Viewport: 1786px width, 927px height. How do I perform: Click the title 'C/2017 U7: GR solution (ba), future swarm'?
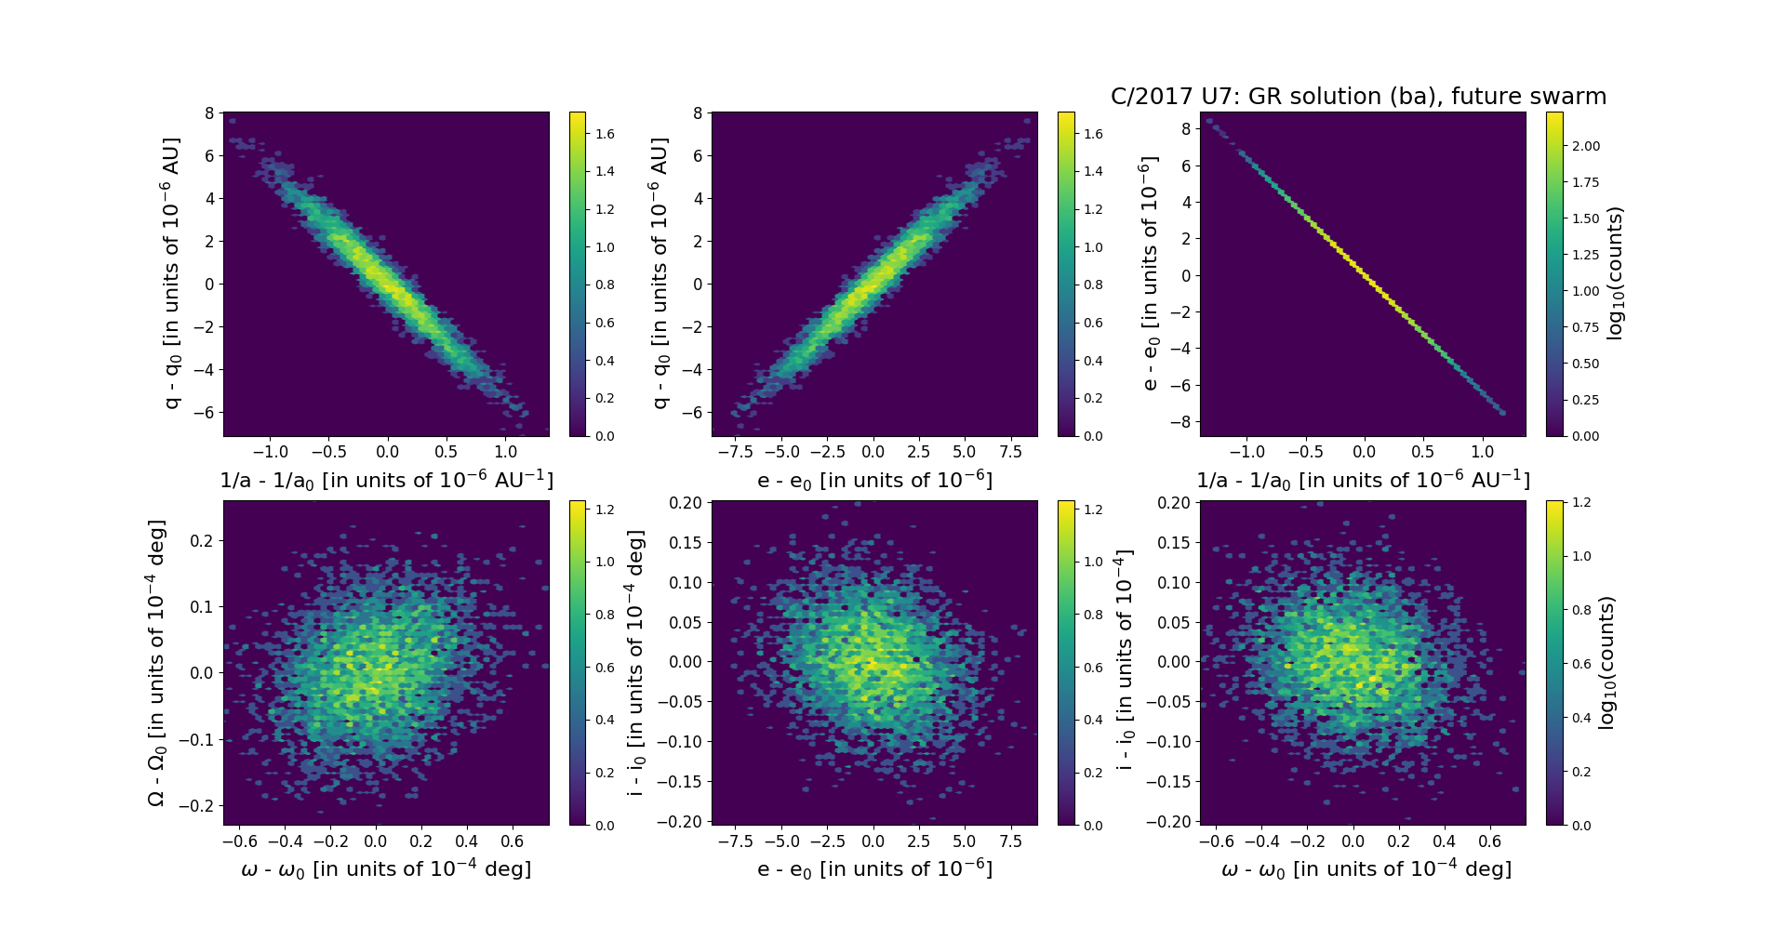(1358, 97)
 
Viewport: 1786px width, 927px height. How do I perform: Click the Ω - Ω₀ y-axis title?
(157, 663)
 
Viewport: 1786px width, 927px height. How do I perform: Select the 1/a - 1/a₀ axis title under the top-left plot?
(386, 481)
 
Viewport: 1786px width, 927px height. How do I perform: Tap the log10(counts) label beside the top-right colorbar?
(1615, 273)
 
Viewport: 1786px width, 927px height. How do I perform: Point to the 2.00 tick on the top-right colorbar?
(1586, 146)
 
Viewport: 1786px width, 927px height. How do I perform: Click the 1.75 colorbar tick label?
(1586, 182)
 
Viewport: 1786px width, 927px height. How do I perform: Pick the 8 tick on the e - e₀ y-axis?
(1186, 129)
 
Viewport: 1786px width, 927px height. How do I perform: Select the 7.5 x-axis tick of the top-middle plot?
(1010, 452)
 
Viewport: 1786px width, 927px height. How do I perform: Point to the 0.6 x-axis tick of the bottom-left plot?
(512, 841)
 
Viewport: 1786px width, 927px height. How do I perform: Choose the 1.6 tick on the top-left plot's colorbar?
(605, 134)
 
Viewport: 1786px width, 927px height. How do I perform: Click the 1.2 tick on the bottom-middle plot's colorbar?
(1093, 510)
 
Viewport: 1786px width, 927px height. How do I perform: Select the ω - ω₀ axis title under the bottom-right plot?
(1366, 869)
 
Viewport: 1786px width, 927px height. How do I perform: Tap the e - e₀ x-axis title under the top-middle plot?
(874, 481)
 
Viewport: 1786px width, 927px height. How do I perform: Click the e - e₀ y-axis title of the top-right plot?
(1150, 273)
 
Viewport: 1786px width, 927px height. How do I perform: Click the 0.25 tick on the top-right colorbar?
(1586, 400)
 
